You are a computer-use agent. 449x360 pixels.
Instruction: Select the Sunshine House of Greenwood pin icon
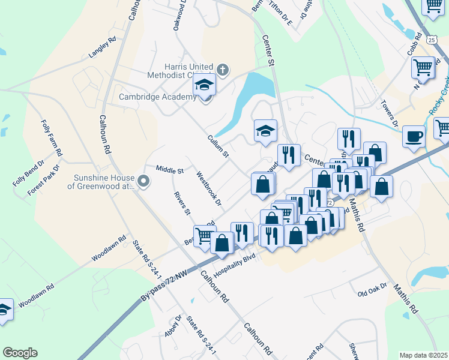143,181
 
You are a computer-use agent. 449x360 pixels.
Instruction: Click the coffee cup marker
413,137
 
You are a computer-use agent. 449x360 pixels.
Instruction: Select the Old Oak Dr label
373,292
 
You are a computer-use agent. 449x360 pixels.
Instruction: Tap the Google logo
20,353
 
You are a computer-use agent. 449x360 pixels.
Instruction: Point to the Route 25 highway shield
432,39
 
